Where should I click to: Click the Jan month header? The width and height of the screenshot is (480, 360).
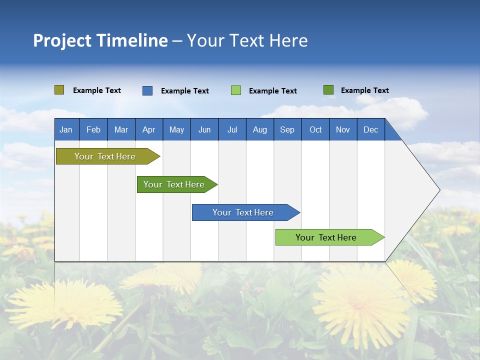click(x=66, y=129)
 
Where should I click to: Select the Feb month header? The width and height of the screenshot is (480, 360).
click(x=93, y=129)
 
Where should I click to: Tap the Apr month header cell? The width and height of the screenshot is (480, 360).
click(x=149, y=129)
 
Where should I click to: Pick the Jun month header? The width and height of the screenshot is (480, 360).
click(x=204, y=129)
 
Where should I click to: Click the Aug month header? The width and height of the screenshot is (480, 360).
click(x=260, y=129)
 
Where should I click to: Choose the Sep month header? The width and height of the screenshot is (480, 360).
click(x=287, y=129)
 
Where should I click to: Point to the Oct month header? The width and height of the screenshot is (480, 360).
click(x=315, y=129)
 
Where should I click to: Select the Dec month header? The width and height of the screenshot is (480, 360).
click(x=371, y=129)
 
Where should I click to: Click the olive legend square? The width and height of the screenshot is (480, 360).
click(x=59, y=90)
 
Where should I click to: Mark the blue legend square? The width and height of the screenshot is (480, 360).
click(x=147, y=90)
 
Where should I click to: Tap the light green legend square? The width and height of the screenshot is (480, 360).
click(x=236, y=90)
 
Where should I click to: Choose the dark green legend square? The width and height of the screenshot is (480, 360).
click(x=328, y=90)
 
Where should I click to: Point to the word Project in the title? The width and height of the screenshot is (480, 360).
click(x=61, y=40)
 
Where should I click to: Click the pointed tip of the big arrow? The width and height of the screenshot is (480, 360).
click(x=438, y=190)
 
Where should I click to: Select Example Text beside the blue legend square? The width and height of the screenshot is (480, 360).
click(x=184, y=91)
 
